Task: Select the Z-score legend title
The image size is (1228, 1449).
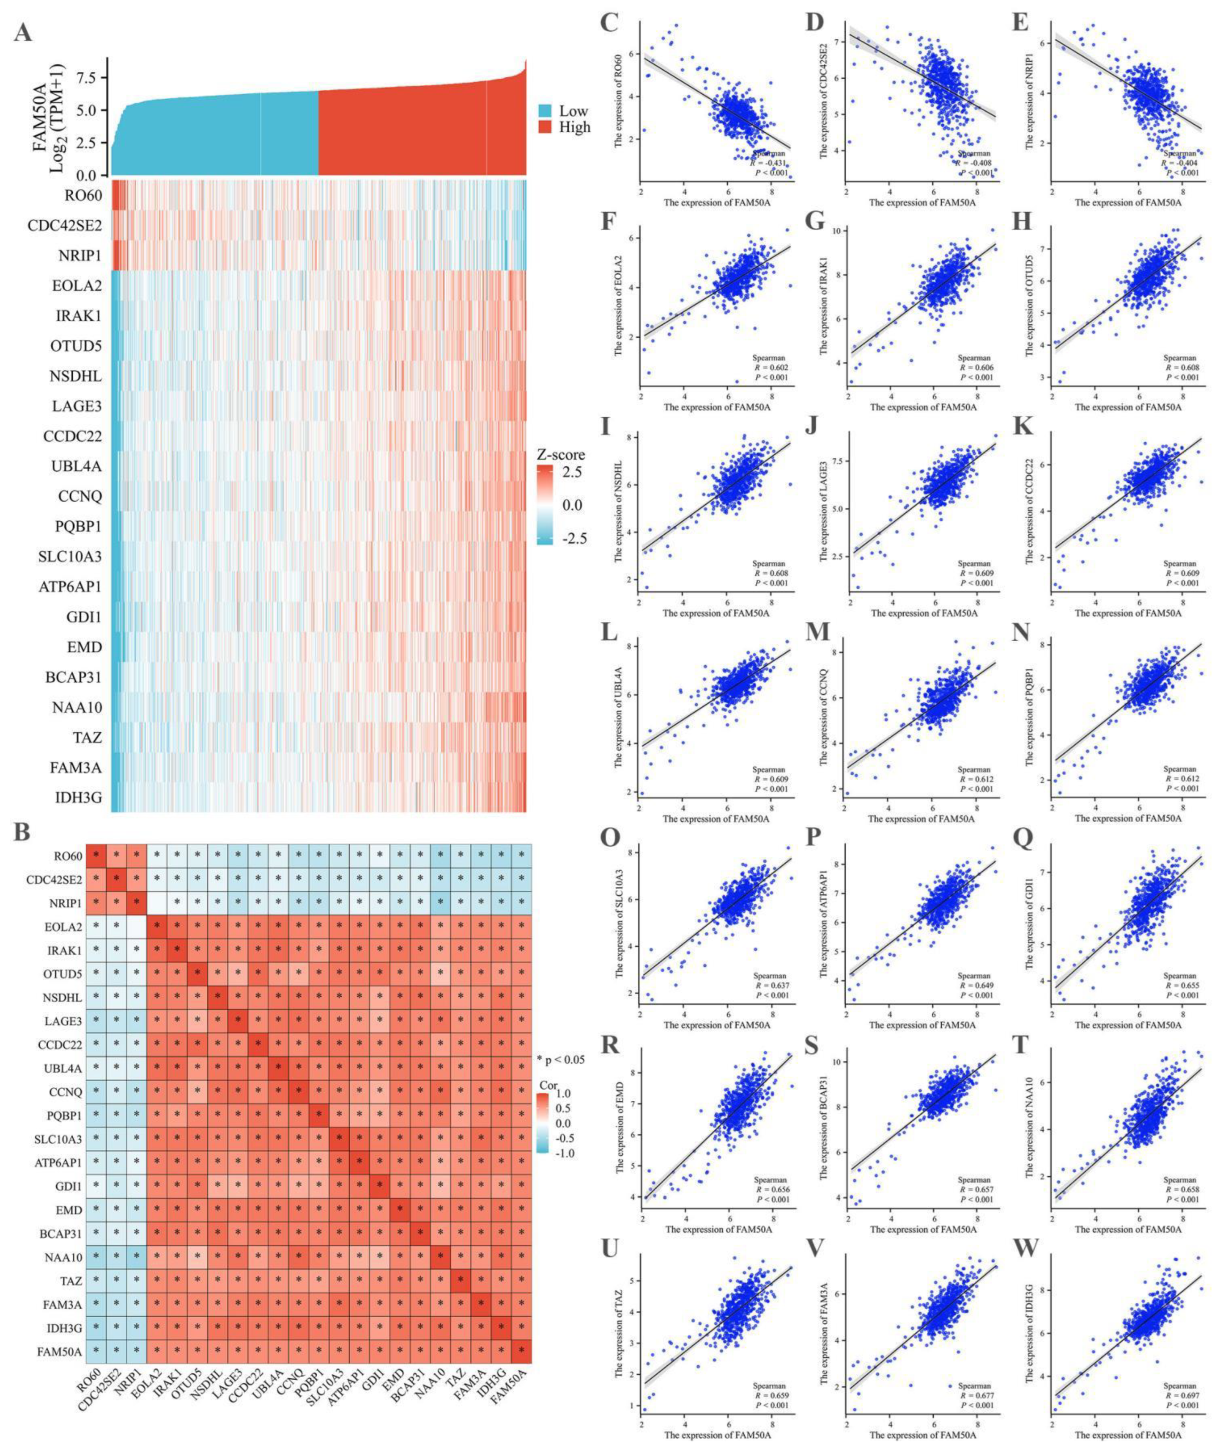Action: [560, 454]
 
